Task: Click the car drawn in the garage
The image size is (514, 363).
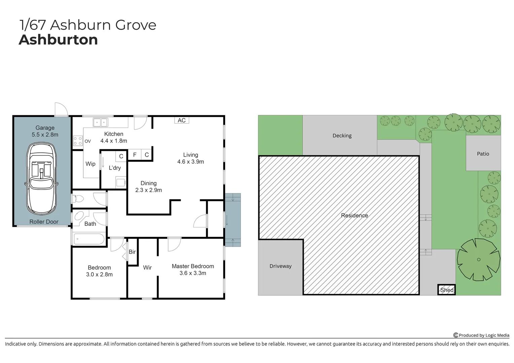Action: point(42,178)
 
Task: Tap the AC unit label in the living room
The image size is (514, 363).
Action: point(182,120)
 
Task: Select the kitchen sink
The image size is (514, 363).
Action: point(100,122)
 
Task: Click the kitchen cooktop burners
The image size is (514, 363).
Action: point(78,140)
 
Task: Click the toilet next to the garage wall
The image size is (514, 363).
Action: point(78,199)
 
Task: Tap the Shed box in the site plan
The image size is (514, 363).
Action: point(447,290)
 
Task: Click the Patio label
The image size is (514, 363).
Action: point(483,154)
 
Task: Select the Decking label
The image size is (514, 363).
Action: point(342,135)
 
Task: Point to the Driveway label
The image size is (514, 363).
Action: point(280,266)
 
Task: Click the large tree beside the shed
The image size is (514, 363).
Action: point(478,259)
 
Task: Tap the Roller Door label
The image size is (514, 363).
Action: point(44,221)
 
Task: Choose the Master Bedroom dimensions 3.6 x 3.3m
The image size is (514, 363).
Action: point(193,273)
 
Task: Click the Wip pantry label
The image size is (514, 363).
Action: point(90,164)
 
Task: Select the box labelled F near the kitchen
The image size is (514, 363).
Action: point(135,155)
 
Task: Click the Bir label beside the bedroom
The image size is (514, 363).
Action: point(132,252)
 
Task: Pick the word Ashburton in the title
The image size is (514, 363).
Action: point(59,40)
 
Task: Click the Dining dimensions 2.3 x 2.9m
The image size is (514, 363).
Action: point(148,190)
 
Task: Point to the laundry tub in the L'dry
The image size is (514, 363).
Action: point(120,183)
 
